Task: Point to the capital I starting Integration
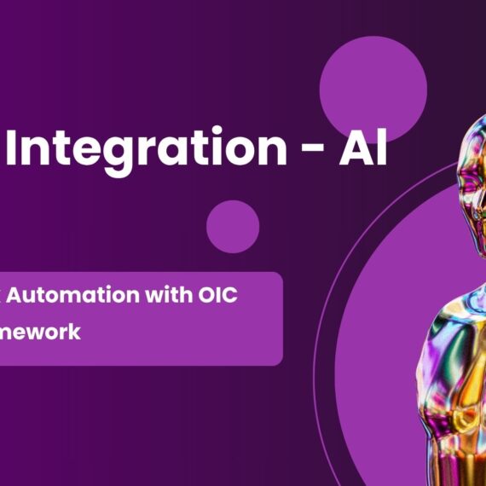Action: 24,149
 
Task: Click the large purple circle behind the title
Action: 373,85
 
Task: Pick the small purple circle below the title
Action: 233,227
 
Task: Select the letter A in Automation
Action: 26,296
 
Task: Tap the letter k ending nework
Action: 75,333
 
